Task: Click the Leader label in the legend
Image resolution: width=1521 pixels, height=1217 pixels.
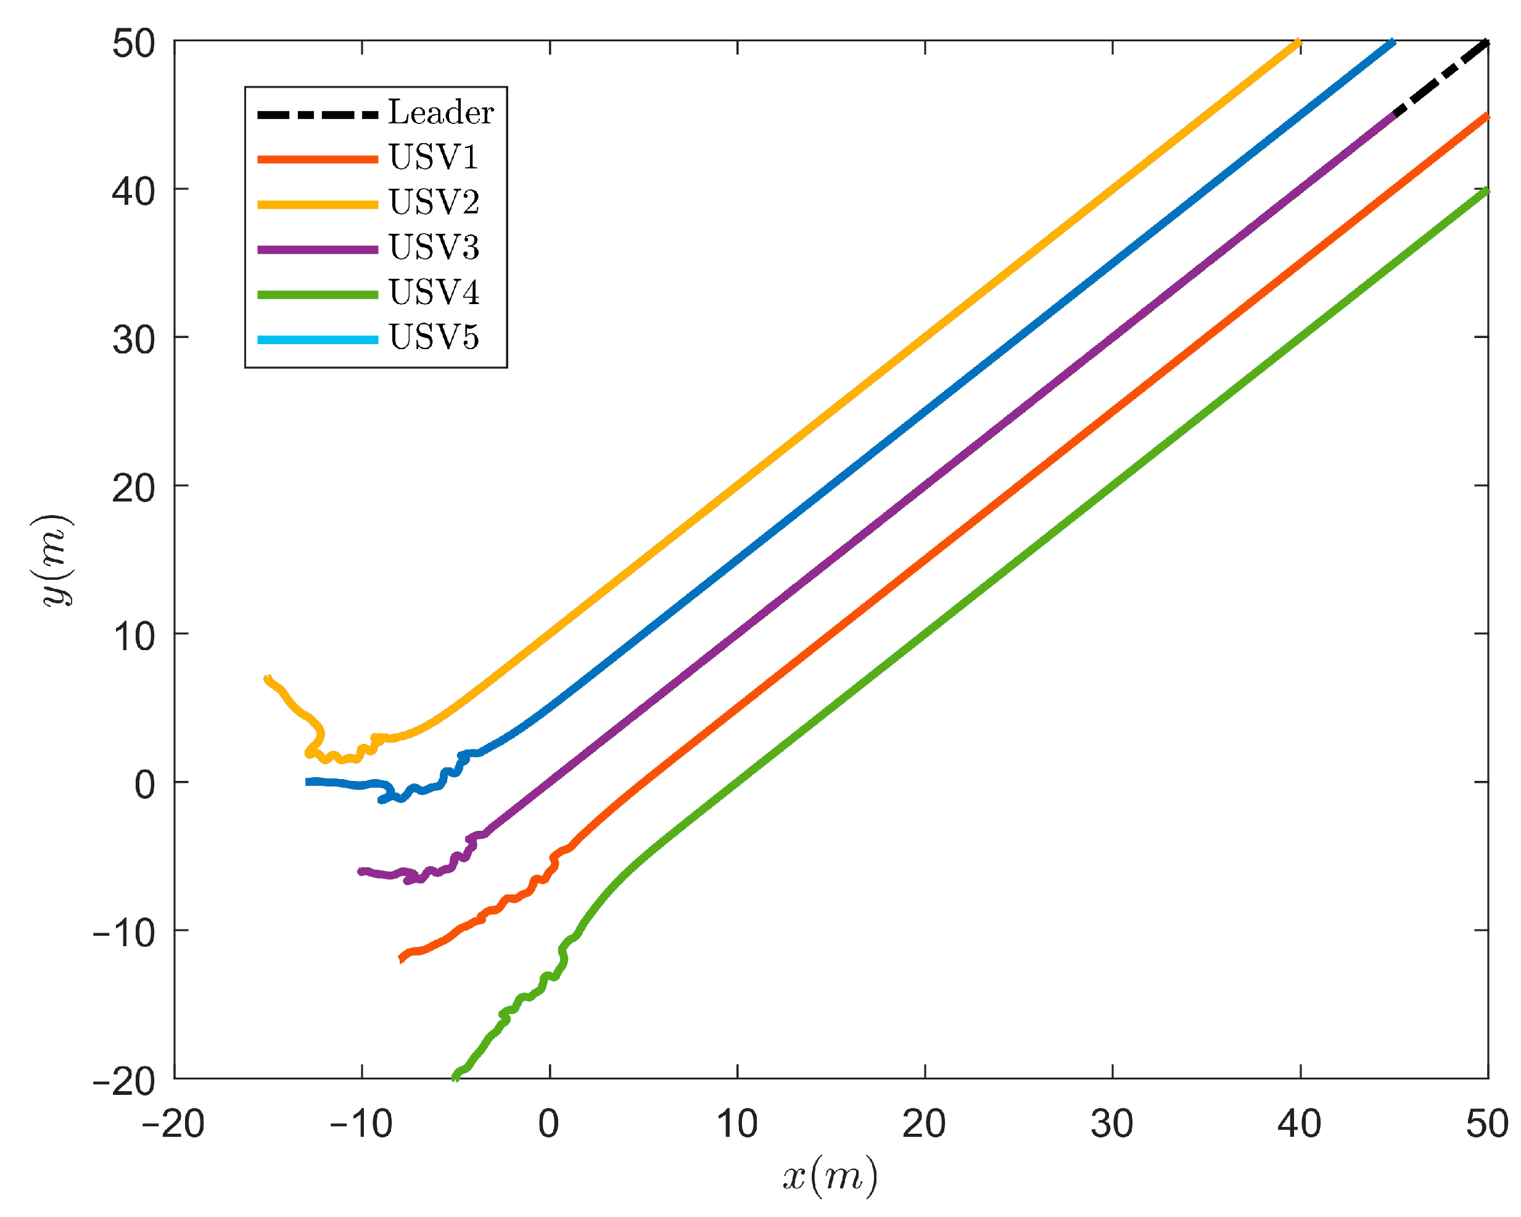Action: click(441, 113)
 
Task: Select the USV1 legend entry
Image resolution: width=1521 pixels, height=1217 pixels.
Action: click(433, 158)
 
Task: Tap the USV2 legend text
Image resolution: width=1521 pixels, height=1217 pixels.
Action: click(433, 203)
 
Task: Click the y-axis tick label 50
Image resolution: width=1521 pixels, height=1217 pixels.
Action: click(133, 44)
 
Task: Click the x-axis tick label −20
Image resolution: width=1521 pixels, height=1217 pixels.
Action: click(173, 1124)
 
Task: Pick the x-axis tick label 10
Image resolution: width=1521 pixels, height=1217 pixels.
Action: click(737, 1124)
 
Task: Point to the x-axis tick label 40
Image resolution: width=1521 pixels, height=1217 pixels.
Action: click(1300, 1124)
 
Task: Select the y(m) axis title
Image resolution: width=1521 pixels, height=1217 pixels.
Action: click(54, 560)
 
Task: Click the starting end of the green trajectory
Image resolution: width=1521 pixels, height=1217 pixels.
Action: click(456, 1076)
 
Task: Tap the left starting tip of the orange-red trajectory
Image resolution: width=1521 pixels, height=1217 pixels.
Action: click(402, 958)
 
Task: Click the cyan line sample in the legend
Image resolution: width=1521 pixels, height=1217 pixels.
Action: click(318, 340)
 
